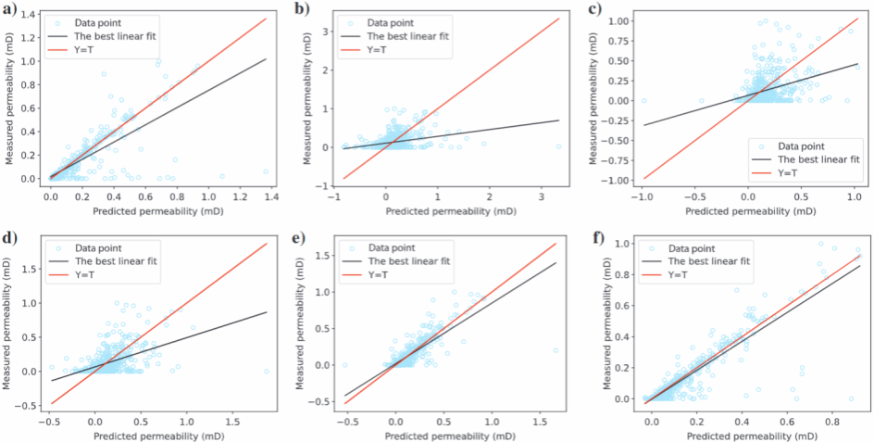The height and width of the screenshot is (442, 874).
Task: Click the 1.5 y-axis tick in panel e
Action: (x=327, y=255)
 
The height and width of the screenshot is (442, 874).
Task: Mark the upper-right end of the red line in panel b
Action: (x=559, y=18)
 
